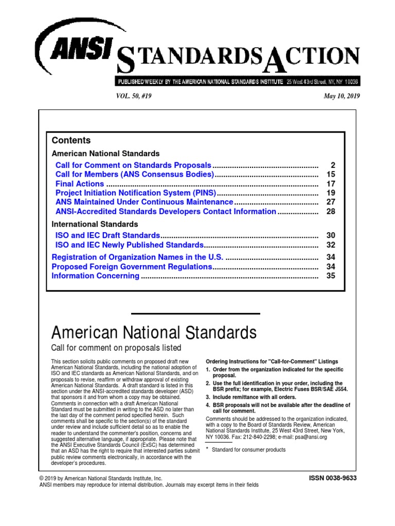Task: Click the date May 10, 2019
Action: pos(342,96)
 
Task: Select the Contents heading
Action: pos(71,140)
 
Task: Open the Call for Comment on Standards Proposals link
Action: pos(133,165)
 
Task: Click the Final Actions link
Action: pos(80,184)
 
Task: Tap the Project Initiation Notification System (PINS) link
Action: pos(136,193)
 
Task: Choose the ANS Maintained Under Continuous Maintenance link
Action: pos(144,202)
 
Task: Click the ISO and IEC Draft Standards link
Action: pos(108,236)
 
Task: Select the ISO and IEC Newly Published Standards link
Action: pos(130,245)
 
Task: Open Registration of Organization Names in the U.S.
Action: pos(137,257)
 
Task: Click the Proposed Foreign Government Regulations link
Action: pos(132,267)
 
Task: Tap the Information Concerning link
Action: pos(96,276)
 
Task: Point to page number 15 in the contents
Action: pos(330,175)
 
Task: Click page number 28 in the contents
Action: pos(330,212)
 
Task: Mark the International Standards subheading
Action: pos(95,224)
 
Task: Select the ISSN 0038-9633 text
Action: pos(332,478)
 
